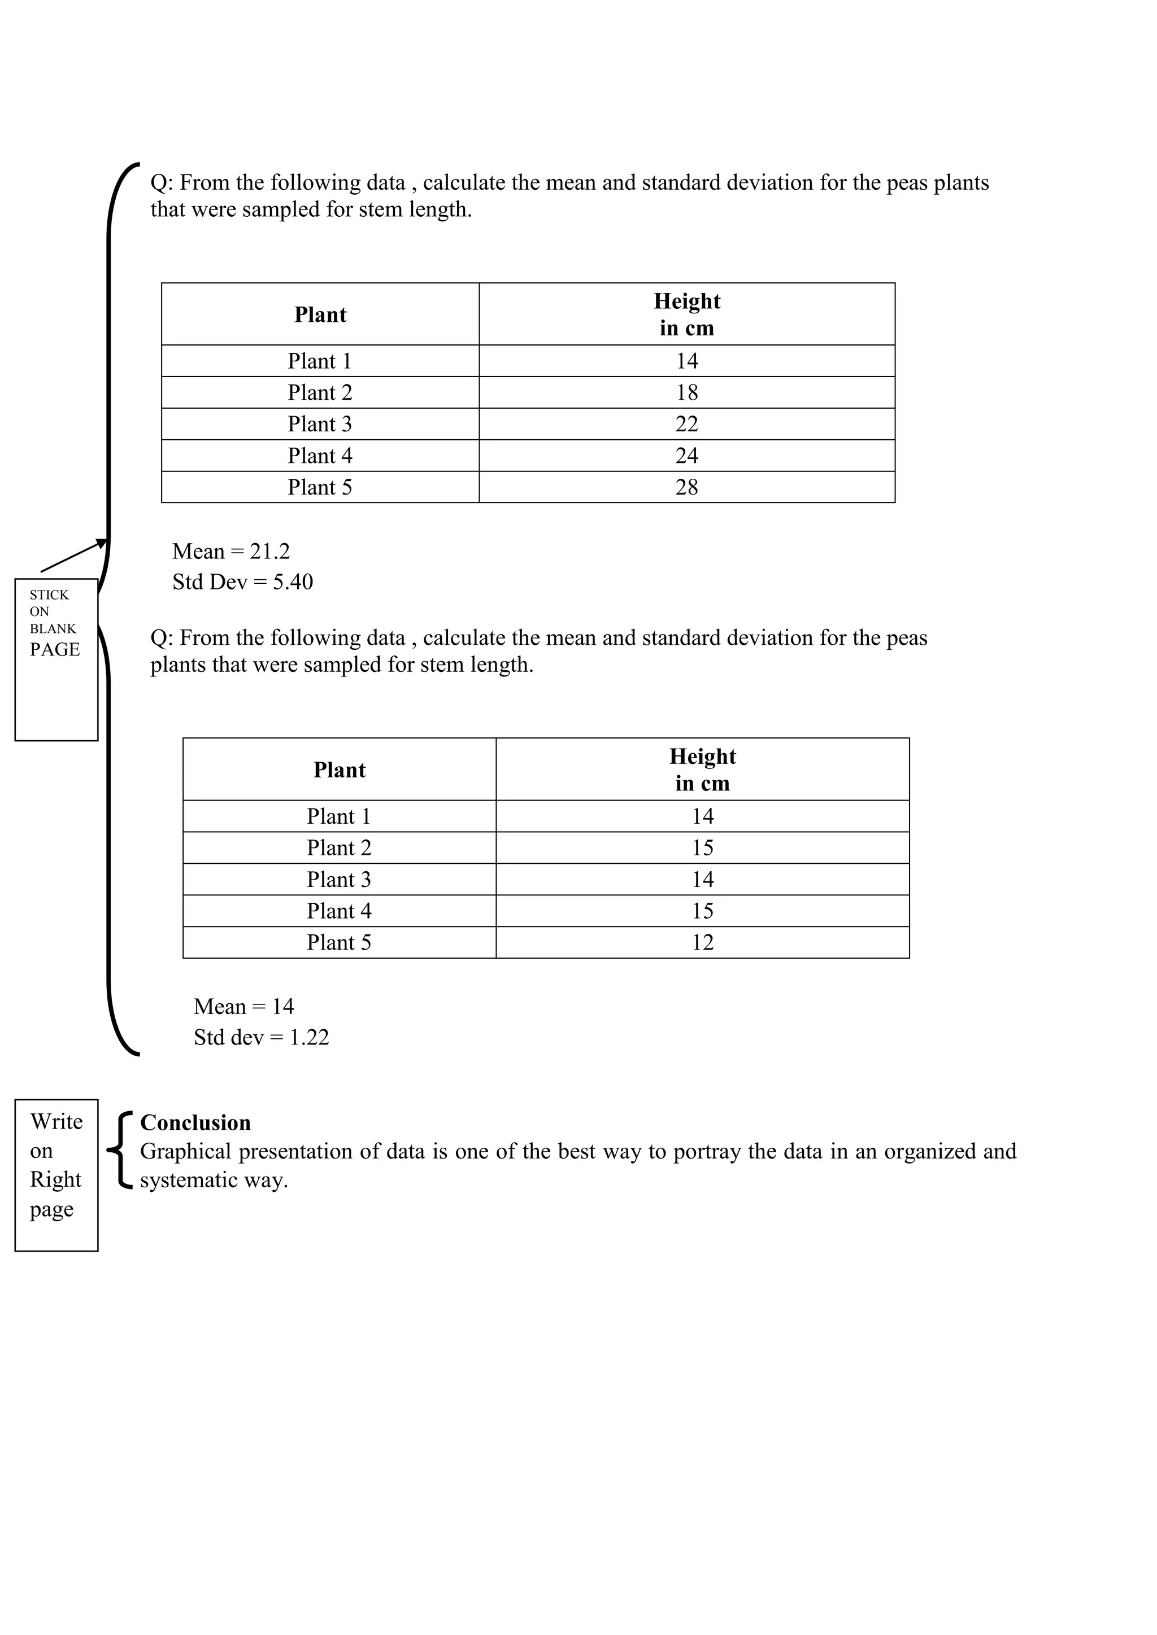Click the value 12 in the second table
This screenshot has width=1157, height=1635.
pos(702,942)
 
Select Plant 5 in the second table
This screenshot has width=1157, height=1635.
pos(339,942)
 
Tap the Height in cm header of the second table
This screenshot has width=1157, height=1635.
pos(702,769)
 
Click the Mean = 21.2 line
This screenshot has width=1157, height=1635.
pos(231,551)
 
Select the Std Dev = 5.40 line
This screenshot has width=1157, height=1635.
pos(242,582)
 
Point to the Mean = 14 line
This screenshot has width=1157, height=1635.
pos(243,1006)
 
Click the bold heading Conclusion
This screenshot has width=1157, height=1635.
pos(195,1123)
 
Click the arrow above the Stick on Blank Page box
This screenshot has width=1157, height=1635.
pos(73,556)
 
